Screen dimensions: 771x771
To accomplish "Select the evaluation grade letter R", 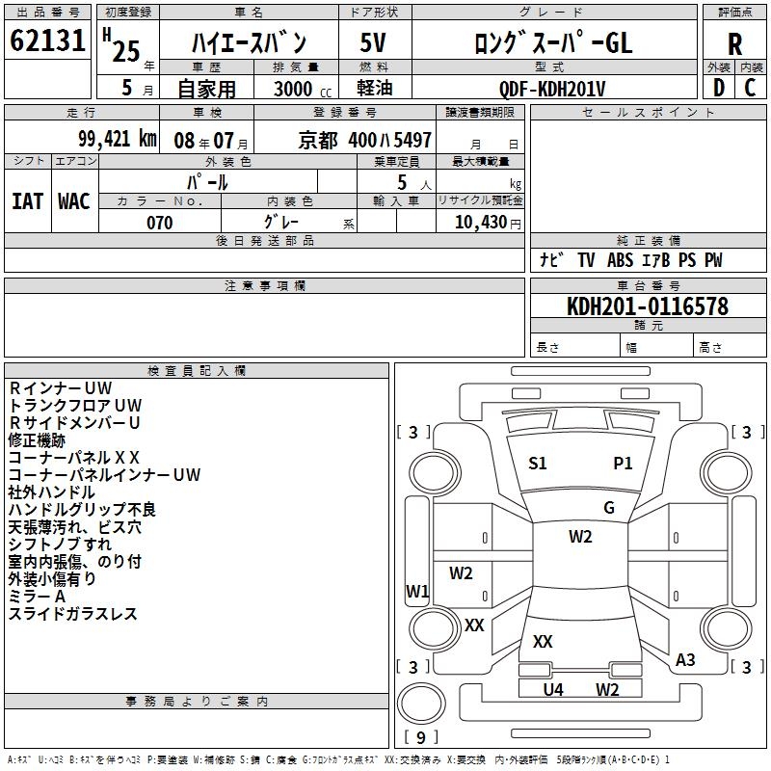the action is [734, 43].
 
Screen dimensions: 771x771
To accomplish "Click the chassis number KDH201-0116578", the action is [648, 306].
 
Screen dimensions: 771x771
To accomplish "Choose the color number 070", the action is [159, 223].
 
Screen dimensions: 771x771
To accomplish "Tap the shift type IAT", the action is [27, 200].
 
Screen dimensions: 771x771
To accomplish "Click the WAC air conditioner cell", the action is [73, 200].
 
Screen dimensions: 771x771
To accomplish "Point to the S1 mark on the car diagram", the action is [538, 464].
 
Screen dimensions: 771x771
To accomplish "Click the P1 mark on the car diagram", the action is [624, 464].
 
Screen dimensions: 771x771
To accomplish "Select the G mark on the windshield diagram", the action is [609, 508].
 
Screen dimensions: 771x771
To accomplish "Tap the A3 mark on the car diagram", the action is [685, 660].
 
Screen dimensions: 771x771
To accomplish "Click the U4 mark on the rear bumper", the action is [553, 689].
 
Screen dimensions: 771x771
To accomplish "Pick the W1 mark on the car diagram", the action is [417, 591].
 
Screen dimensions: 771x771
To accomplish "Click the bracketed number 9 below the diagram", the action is [420, 737].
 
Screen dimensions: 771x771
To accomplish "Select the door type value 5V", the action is [374, 43].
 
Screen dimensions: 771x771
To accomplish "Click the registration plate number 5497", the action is [409, 141].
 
